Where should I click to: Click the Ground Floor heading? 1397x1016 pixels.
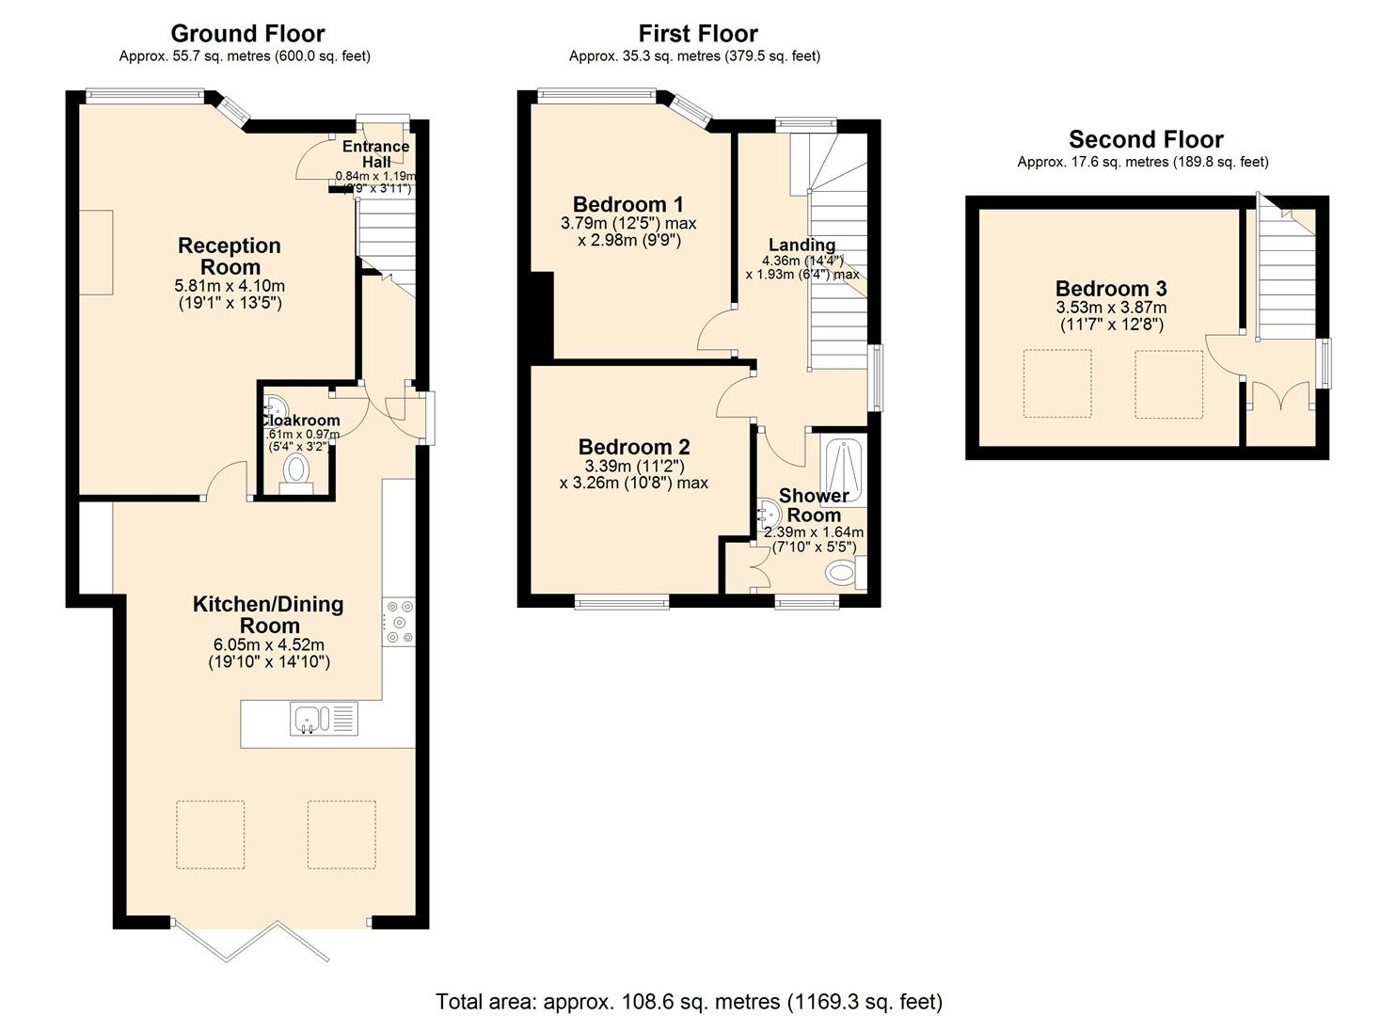coord(247,34)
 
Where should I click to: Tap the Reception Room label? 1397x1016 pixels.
coord(230,256)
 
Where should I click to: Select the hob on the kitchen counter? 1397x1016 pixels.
coord(399,622)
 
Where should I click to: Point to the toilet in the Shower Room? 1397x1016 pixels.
coord(840,572)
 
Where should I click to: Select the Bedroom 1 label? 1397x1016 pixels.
coord(627,204)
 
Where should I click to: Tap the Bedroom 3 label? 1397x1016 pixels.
coord(1110,289)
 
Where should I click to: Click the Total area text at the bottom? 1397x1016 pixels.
coord(689,1001)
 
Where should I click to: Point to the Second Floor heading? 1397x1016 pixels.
coord(1145,139)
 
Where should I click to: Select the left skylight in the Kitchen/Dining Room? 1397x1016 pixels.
coord(211,834)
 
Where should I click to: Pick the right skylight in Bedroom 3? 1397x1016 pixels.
coord(1168,384)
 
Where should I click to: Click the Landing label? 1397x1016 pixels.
coord(802,245)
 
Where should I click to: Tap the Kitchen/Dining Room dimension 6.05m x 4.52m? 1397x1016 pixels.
coord(268,645)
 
